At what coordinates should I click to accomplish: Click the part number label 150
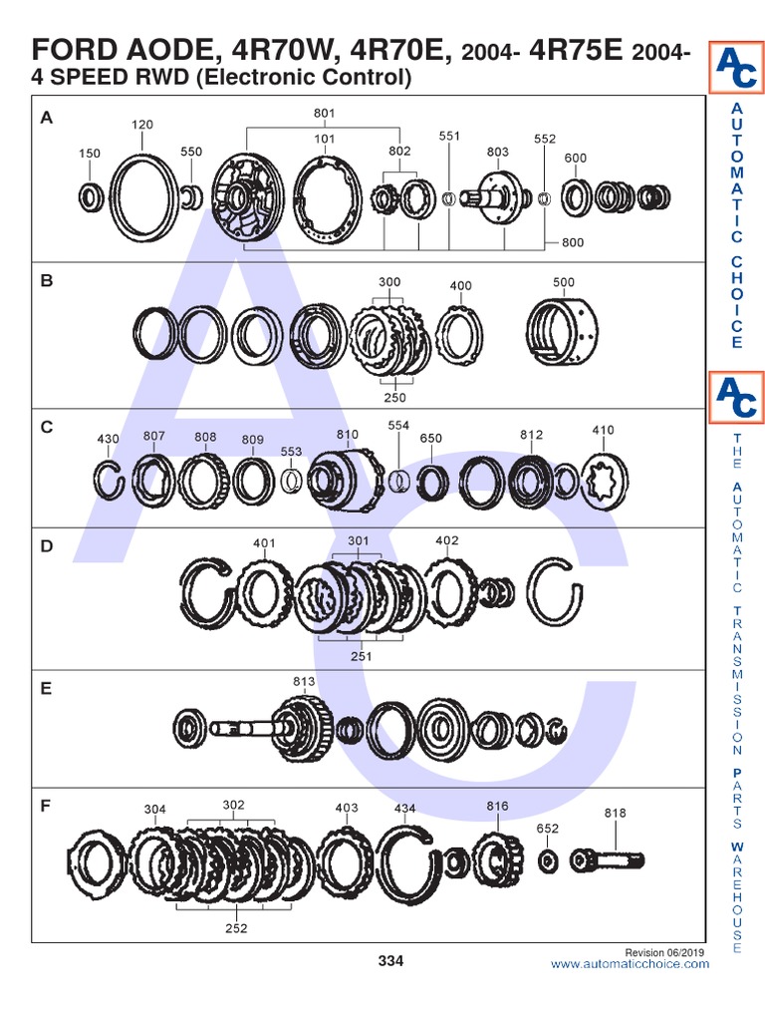[89, 154]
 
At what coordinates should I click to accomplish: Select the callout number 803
[498, 152]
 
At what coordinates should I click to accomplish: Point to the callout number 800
[573, 242]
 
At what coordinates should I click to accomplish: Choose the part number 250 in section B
[394, 397]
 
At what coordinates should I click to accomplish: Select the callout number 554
[398, 425]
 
